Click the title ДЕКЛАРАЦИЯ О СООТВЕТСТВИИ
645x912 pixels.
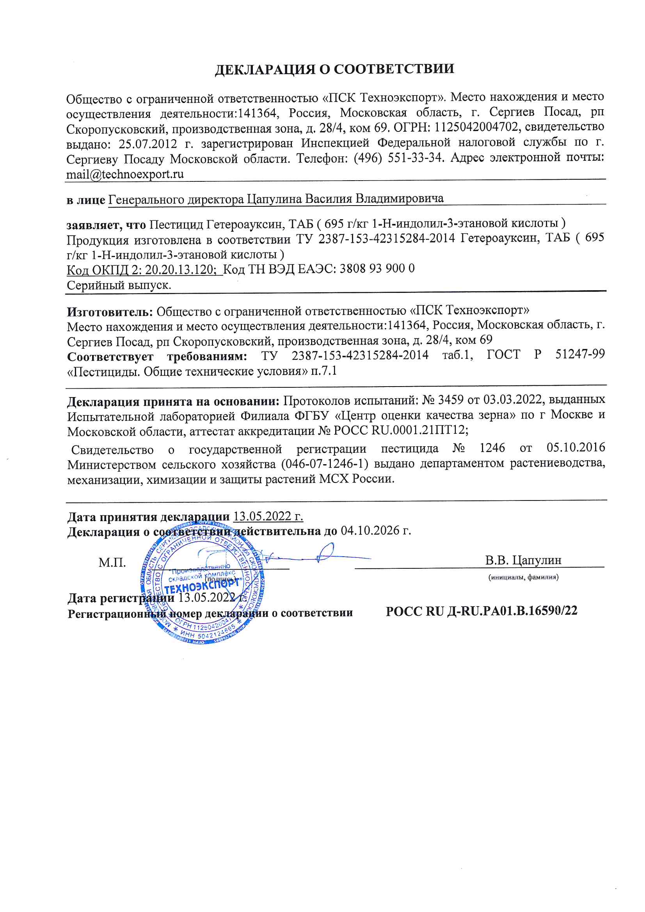tap(334, 69)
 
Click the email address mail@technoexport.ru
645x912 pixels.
tap(125, 174)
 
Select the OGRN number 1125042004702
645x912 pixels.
tap(476, 127)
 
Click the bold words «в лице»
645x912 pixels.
tap(85, 200)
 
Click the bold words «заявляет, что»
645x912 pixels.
tap(106, 225)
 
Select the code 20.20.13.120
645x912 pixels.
tap(179, 270)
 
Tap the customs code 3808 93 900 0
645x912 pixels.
tap(377, 269)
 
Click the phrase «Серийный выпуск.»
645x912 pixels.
tap(119, 285)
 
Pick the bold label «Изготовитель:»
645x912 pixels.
tap(110, 312)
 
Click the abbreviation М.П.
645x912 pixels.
tap(112, 562)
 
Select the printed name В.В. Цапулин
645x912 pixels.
tap(523, 560)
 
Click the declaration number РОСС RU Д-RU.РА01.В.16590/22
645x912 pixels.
tap(481, 611)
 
